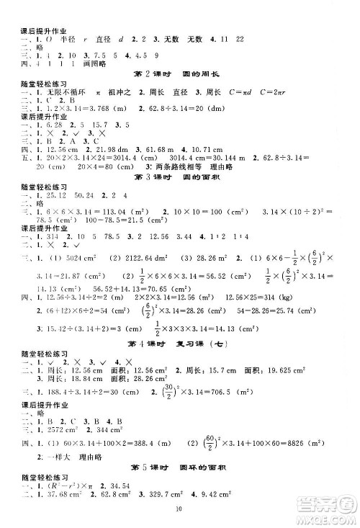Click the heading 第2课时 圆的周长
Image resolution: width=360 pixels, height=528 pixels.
(180, 76)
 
